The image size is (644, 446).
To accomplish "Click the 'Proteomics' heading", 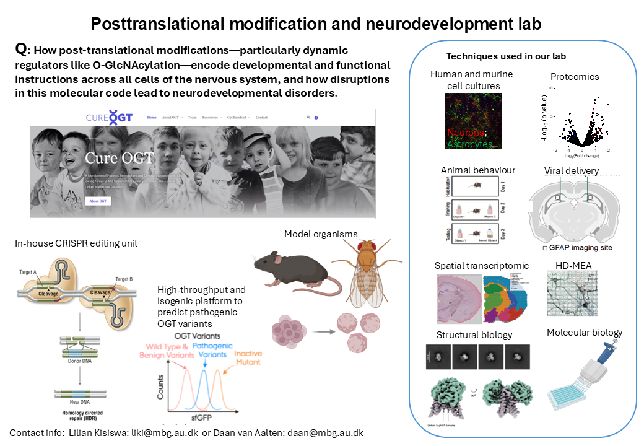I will (x=575, y=76).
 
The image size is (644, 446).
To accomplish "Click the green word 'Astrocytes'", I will (x=471, y=144).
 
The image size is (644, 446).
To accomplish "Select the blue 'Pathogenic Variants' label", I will (x=212, y=350).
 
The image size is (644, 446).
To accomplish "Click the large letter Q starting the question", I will (x=20, y=50).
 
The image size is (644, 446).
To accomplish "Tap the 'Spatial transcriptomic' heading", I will (x=482, y=265).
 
